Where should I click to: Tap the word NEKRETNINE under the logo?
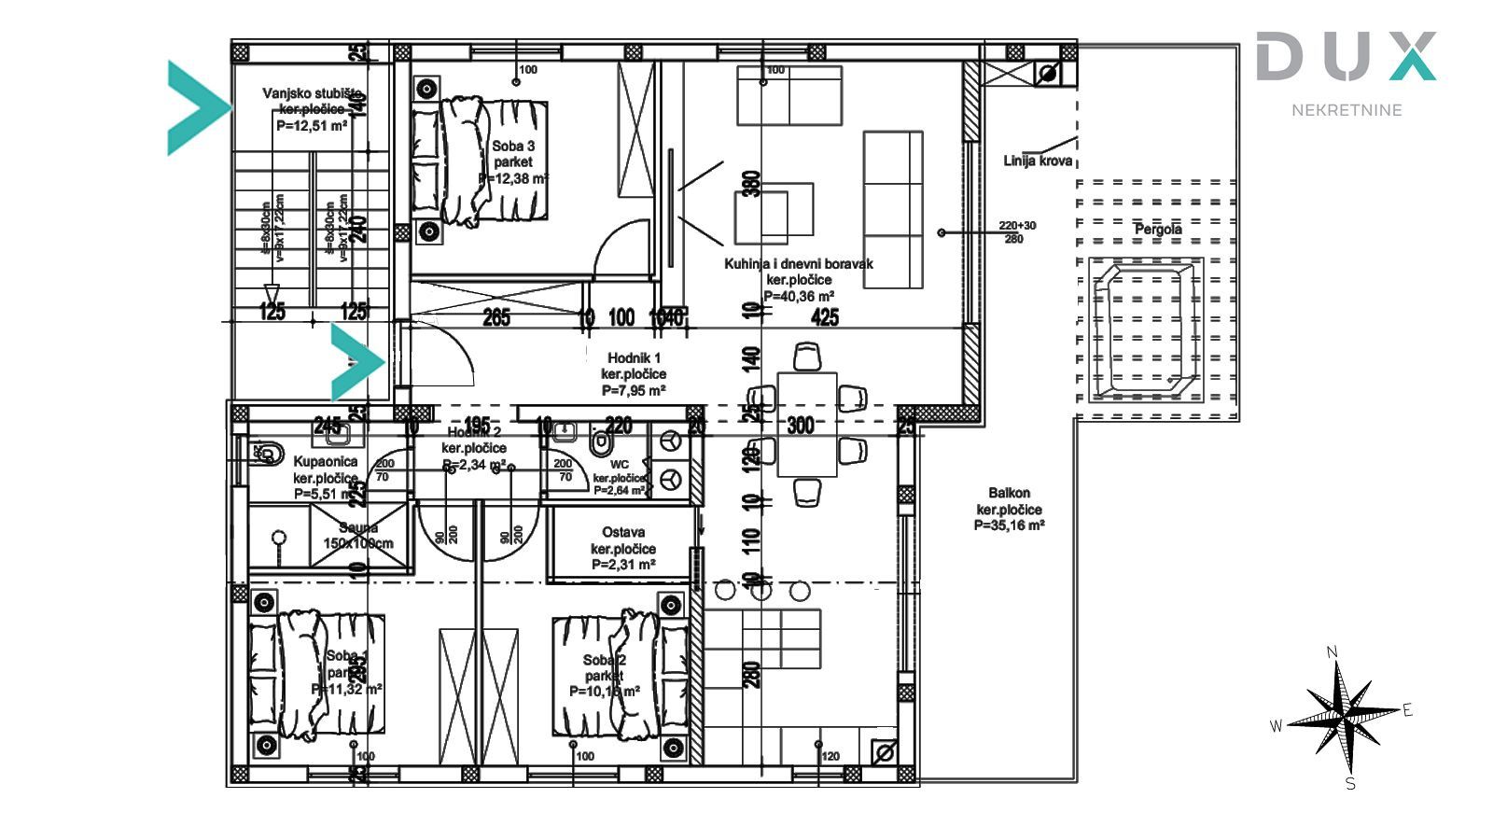1346,110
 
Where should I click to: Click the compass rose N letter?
1333,651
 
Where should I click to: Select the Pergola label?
1158,229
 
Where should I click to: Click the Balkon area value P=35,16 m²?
1009,525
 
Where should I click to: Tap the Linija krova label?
1038,161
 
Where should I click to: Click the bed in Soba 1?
317,674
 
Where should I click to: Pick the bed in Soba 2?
621,674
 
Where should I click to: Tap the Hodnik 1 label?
634,357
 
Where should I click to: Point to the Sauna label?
358,527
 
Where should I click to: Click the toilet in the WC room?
602,441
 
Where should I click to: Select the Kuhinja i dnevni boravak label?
799,264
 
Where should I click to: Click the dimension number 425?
825,318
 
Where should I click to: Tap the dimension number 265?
496,318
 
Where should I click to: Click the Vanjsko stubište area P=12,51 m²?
312,126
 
